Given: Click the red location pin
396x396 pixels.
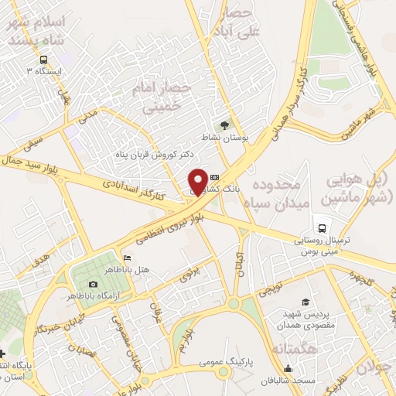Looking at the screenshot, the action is pyautogui.click(x=198, y=181).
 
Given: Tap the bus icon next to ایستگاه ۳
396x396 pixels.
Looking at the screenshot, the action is pyautogui.click(x=44, y=59).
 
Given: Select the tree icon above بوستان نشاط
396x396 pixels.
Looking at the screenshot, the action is pyautogui.click(x=225, y=124).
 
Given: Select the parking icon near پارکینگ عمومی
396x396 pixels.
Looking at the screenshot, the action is pyautogui.click(x=223, y=350).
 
